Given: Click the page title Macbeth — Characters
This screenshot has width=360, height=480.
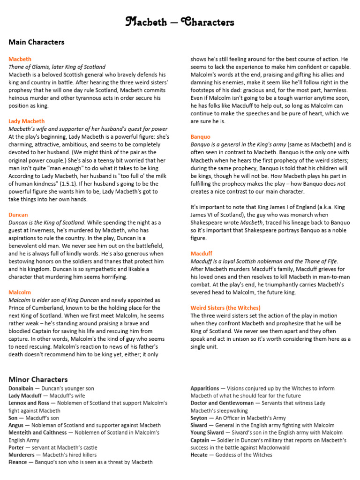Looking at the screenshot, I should point(180,22).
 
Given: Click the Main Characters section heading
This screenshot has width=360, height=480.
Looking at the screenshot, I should point(36,42).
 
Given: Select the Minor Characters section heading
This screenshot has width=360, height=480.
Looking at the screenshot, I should point(38,379).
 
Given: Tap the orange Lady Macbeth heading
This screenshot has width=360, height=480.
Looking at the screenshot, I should point(27,121).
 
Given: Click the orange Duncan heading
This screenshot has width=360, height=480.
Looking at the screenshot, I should point(18,215).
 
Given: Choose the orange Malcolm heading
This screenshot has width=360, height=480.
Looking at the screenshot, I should point(20,292).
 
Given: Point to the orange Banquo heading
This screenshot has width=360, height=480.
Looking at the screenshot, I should point(200,136).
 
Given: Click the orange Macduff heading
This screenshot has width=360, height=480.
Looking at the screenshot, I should point(202,254).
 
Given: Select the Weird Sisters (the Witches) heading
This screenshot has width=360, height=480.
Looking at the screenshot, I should point(225,308).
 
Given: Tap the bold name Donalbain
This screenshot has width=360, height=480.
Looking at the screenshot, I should point(21,389).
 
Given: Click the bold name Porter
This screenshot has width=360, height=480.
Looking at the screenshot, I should point(16,448).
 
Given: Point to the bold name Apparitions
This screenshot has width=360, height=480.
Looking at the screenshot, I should point(205,389).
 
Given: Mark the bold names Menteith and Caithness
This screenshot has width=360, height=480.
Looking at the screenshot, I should point(40,433).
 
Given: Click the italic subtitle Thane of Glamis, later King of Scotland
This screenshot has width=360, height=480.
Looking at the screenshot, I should point(57,67).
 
